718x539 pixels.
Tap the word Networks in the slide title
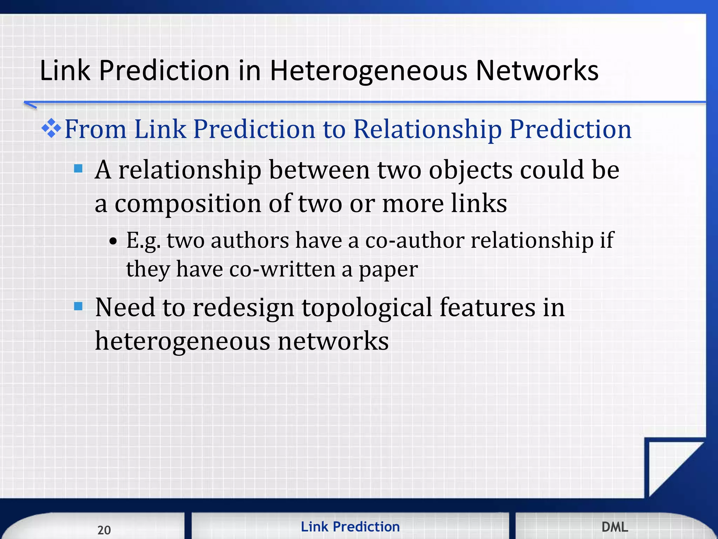537,71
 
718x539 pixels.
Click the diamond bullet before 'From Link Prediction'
51,128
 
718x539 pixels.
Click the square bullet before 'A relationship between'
79,169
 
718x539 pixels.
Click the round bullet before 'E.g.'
113,242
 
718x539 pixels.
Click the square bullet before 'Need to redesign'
79,307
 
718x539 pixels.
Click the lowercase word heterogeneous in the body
182,341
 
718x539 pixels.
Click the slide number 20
104,530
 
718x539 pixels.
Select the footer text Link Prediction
350,527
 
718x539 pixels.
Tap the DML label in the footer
615,527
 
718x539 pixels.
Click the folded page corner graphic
670,467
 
